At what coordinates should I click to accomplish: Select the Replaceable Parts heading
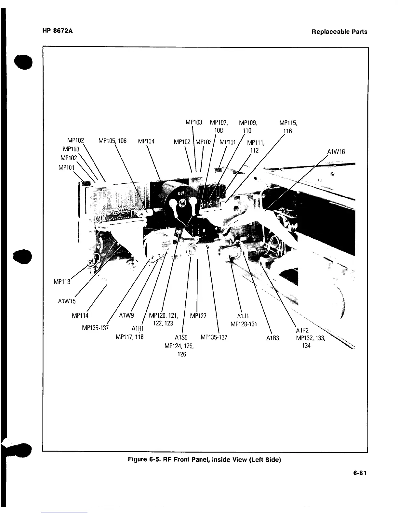point(339,32)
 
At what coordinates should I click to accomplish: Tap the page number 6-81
point(360,473)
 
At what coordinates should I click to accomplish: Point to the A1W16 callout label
point(336,152)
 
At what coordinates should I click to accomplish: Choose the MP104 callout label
point(146,141)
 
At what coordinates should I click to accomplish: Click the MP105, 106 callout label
point(112,141)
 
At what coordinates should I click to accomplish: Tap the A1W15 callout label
point(66,301)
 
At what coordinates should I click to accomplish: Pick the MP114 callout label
point(80,315)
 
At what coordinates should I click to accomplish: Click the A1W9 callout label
point(127,315)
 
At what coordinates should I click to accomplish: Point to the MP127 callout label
point(198,316)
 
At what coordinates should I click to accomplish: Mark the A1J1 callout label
point(243,316)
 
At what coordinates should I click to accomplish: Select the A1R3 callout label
point(272,338)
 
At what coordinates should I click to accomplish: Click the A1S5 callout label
point(181,337)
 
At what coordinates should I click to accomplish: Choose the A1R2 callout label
point(302,331)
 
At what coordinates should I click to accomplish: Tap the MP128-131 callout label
point(244,324)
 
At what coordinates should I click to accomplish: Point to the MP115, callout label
point(289,123)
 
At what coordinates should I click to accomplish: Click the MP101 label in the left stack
point(66,167)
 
